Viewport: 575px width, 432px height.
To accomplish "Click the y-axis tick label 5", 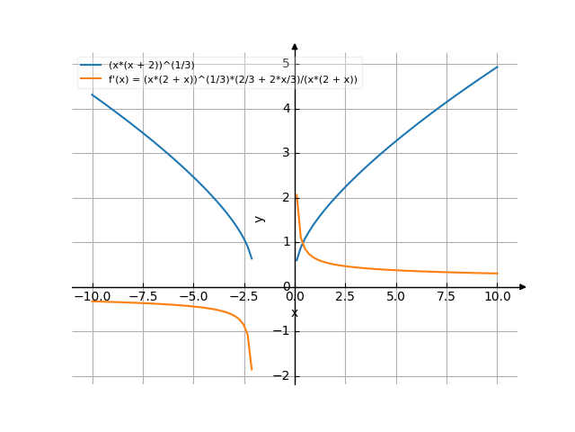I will [x=285, y=64].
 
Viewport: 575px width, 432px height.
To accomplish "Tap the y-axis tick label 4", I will [x=285, y=109].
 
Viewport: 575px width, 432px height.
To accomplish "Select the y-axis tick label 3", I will [x=285, y=153].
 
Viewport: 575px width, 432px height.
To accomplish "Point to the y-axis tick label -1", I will [x=282, y=331].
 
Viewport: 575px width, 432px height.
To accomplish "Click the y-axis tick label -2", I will [x=282, y=376].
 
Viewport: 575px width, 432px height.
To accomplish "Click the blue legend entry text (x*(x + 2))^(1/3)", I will [x=151, y=66].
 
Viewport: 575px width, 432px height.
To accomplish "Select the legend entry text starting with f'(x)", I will [x=233, y=79].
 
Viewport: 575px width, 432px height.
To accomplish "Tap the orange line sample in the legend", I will [x=91, y=79].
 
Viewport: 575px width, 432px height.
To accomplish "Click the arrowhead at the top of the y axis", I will [x=295, y=46].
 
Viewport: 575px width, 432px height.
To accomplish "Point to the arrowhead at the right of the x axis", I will [x=523, y=287].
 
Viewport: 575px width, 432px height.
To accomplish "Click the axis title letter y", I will [x=260, y=219].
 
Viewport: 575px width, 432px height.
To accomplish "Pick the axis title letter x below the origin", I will [x=294, y=313].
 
